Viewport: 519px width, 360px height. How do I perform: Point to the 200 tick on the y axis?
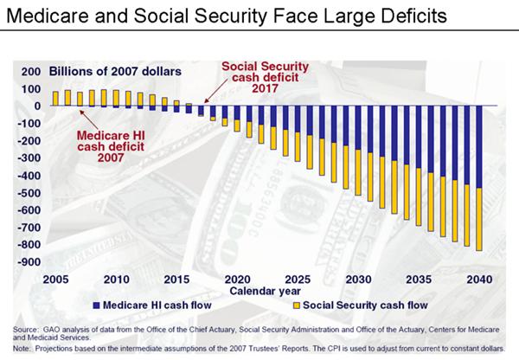(x=29, y=72)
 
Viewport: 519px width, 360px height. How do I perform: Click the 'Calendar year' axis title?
(x=267, y=292)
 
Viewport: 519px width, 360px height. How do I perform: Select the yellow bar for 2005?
(x=56, y=98)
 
